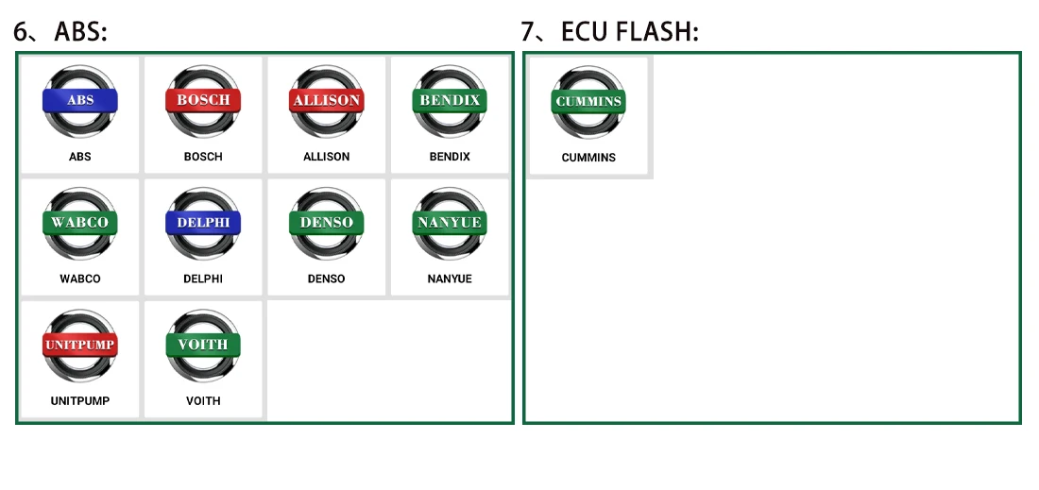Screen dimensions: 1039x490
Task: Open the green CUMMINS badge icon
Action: [588, 102]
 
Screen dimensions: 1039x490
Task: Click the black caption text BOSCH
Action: [203, 157]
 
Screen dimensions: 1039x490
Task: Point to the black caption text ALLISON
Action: [326, 157]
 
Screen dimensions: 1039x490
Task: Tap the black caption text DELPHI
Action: [203, 279]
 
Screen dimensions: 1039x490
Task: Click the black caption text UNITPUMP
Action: [80, 401]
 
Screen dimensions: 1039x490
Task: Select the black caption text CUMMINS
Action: [588, 158]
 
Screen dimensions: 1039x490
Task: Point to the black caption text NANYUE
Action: [450, 279]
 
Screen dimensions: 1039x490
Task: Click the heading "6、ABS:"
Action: [60, 31]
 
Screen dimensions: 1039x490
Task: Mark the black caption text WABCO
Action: [80, 279]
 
